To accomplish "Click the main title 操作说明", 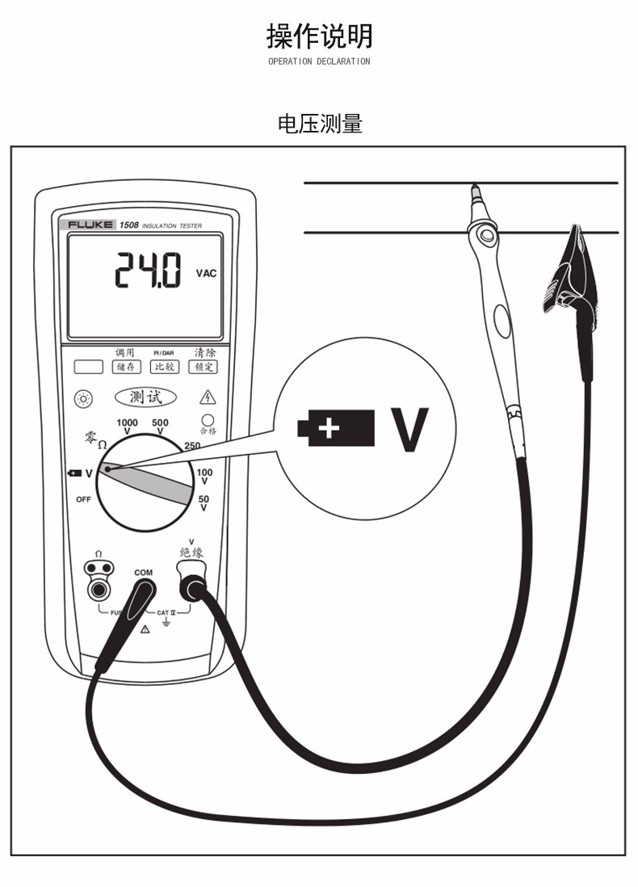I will [x=319, y=36].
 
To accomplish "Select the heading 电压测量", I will [x=320, y=124].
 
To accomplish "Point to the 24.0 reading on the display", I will [x=148, y=271].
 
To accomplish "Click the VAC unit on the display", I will [x=206, y=274].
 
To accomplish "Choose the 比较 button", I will [x=165, y=367].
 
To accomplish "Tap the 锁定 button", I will [x=203, y=367].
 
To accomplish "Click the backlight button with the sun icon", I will [x=84, y=398].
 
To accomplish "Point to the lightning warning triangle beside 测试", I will [x=208, y=397].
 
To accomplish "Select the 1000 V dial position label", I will [x=127, y=427].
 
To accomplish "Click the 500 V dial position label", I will [x=160, y=427].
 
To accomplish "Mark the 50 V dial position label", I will [x=204, y=503].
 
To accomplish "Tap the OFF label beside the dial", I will [x=84, y=499].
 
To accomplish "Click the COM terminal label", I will [x=143, y=573].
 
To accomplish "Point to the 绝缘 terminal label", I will [x=191, y=553].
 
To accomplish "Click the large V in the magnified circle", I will [x=409, y=429].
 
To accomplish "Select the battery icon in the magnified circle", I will [x=336, y=428].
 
